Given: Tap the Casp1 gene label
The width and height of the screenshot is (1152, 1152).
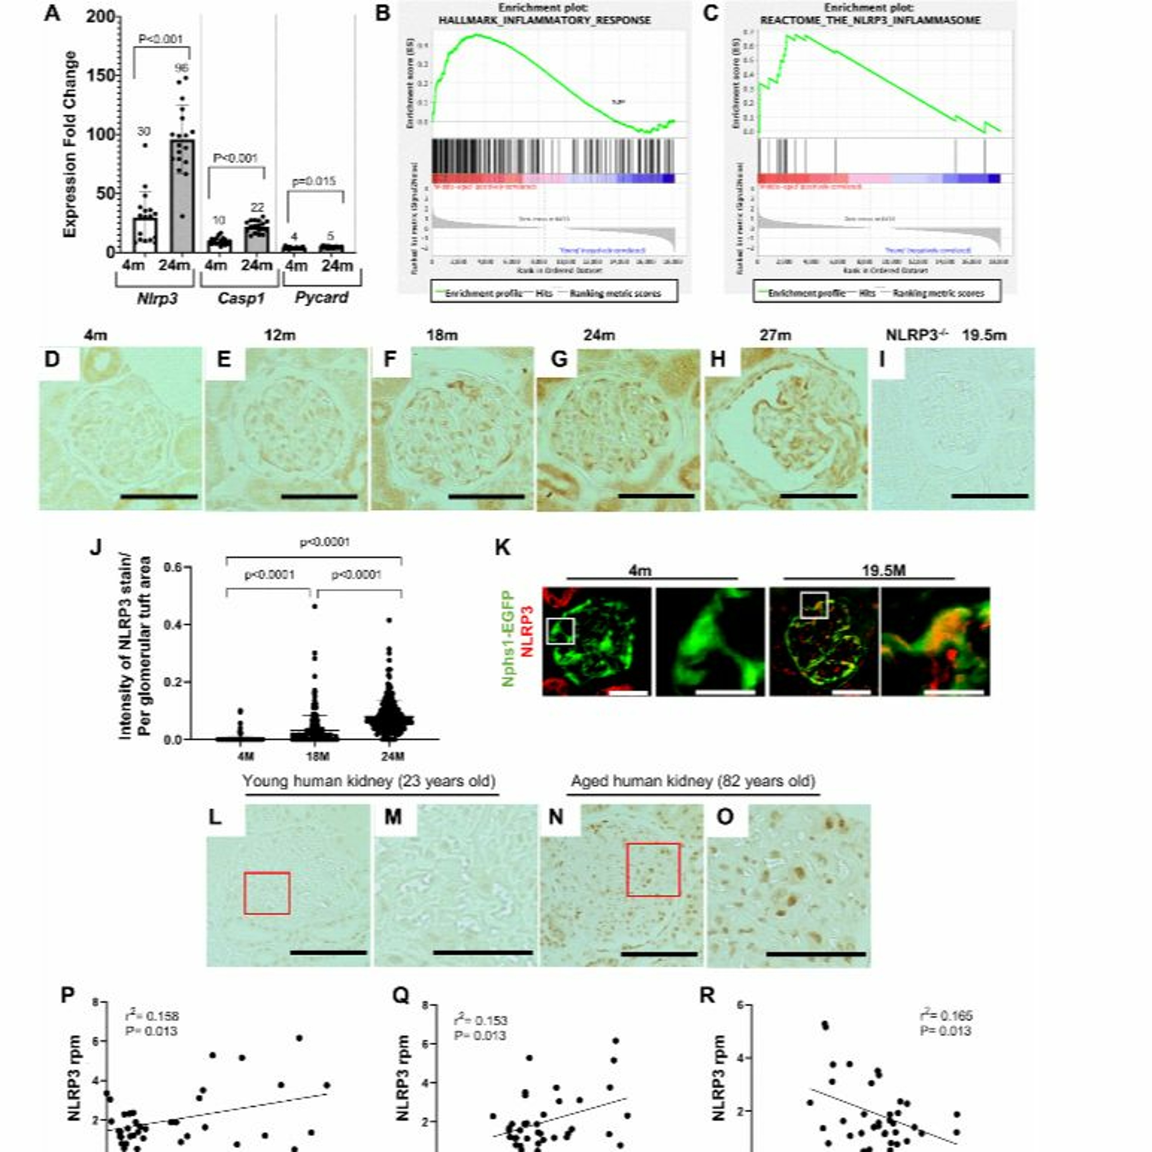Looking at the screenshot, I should [x=240, y=298].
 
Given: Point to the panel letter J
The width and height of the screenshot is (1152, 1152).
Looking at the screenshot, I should [x=95, y=547].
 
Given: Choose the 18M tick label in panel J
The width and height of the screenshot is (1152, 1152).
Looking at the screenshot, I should [x=317, y=756].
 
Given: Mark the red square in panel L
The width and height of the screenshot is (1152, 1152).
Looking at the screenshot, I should [x=266, y=893].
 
